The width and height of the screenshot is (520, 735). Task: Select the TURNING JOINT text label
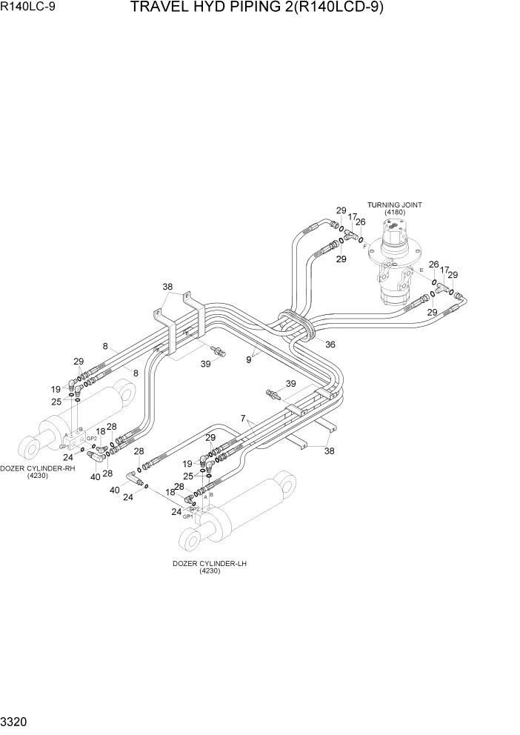[x=394, y=204]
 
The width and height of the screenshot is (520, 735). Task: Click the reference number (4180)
[x=394, y=213]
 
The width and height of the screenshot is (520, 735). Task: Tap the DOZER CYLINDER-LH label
[x=210, y=563]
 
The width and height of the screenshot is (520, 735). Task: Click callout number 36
[x=330, y=343]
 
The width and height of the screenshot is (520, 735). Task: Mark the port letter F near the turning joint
[x=365, y=245]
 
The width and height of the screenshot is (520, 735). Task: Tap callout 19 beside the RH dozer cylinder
[x=56, y=388]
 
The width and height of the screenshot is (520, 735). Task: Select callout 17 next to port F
[x=352, y=217]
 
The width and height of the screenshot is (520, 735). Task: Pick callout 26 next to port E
[x=433, y=265]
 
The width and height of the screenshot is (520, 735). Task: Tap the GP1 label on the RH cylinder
[x=64, y=446]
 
